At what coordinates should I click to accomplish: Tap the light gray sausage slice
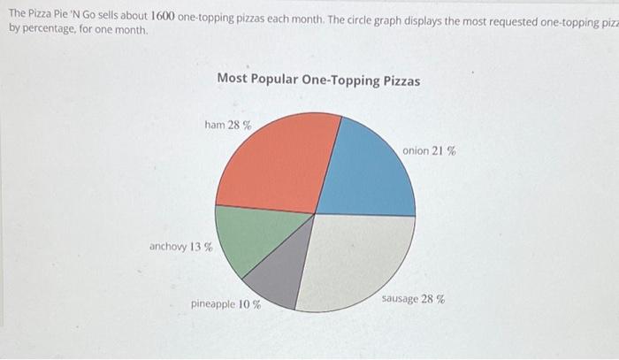(358, 257)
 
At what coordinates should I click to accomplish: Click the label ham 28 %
(227, 126)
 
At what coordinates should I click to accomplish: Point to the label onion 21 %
(429, 151)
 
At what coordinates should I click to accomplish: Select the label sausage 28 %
(413, 299)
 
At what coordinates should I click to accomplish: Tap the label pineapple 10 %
(225, 304)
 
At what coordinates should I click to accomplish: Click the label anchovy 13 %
(180, 247)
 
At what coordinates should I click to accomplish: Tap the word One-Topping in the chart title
(340, 80)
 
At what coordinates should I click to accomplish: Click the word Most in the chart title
(231, 80)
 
